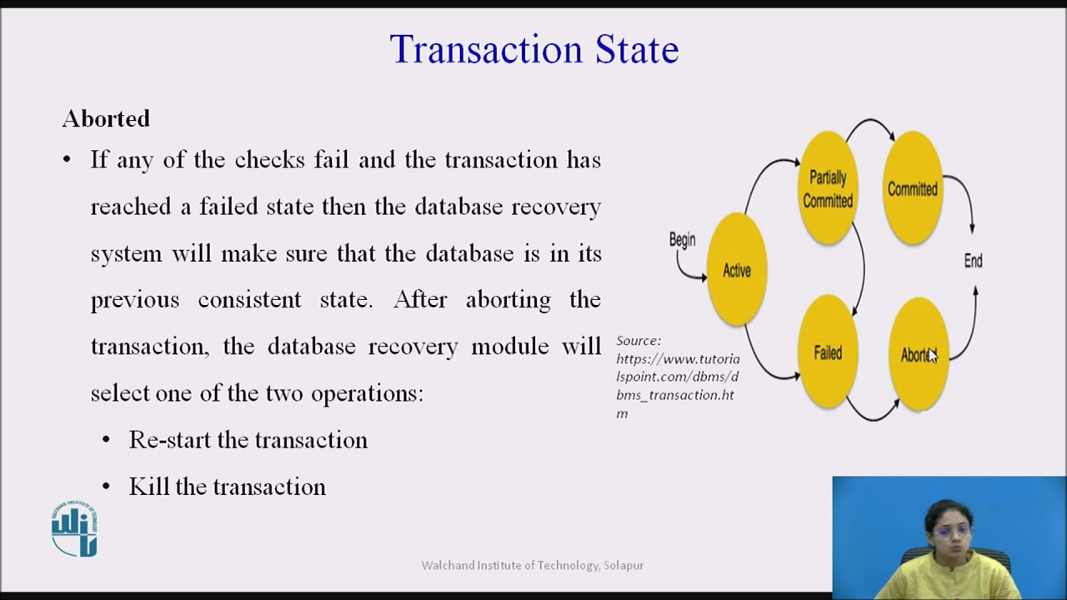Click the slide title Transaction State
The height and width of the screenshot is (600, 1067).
pos(533,50)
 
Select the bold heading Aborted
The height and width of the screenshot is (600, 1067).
pos(106,119)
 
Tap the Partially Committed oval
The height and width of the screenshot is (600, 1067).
pos(828,189)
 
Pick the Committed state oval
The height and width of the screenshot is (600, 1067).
pos(912,189)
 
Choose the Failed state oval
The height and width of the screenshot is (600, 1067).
pos(828,352)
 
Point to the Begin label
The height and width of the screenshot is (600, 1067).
pos(682,240)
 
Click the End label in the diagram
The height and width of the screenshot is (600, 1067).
pos(973,261)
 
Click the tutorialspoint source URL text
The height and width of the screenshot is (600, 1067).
pos(677,377)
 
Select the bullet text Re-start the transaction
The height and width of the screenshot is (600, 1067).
pos(248,440)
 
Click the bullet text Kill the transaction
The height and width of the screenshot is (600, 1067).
pos(227,487)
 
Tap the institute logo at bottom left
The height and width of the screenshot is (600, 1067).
pos(74,529)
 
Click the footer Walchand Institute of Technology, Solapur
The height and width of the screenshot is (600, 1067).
pos(533,565)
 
